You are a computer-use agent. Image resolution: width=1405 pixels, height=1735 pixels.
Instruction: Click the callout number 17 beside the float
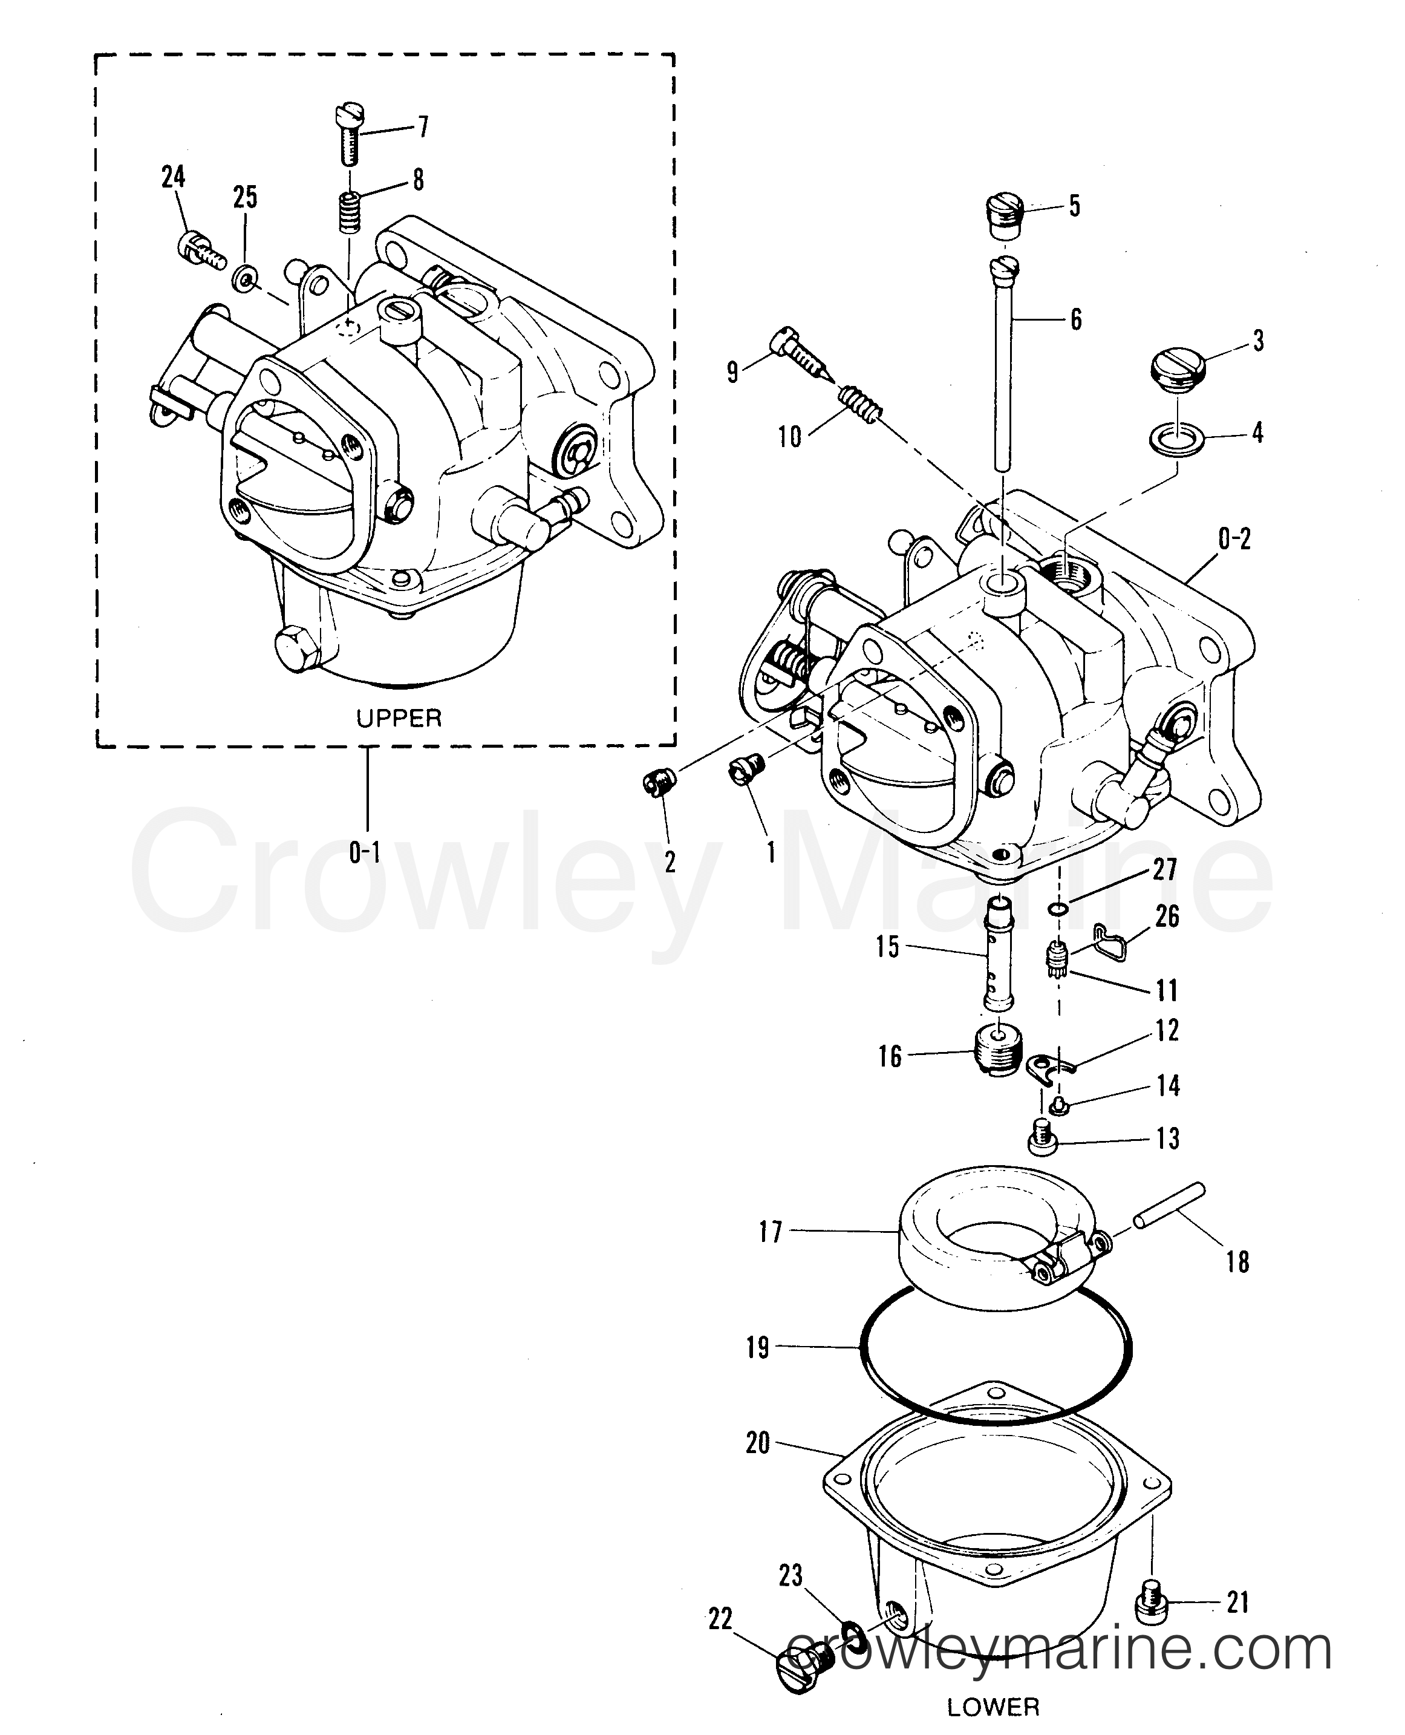point(770,1233)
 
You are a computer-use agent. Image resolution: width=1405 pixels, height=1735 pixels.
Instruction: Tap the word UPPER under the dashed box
point(399,717)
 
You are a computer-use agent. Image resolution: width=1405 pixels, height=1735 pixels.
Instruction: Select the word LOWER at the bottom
point(993,1707)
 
